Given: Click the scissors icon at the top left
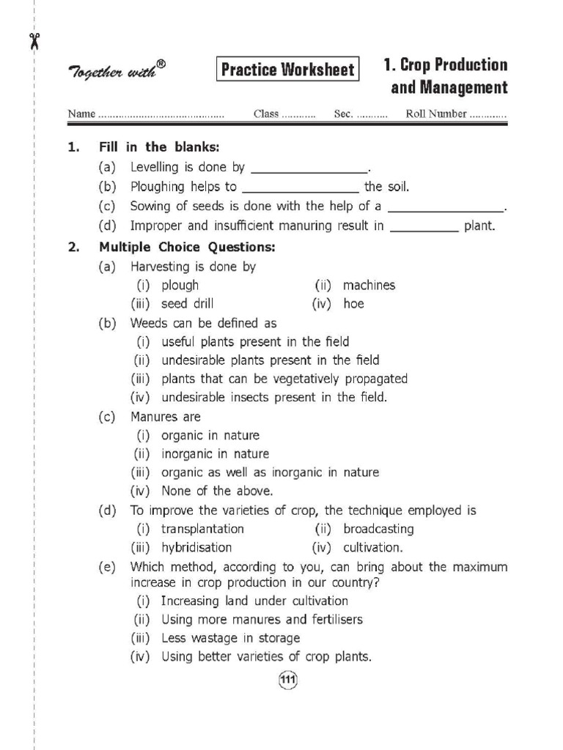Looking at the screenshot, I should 34,40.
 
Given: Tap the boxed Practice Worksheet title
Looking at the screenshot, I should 287,70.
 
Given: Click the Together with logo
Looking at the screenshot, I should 117,72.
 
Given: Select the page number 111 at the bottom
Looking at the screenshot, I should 287,681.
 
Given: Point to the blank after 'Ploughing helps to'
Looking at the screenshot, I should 300,187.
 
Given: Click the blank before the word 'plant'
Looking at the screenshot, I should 424,227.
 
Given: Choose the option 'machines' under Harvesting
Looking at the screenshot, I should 369,285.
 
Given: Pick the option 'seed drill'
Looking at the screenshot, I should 188,303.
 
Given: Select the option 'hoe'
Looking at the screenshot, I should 353,303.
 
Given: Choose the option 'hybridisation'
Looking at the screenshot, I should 196,547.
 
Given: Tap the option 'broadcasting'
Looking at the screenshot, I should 378,529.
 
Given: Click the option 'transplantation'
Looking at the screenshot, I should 202,529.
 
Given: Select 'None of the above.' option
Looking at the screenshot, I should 217,491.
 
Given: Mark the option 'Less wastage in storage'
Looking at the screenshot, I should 230,638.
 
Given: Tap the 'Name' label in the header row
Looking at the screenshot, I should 81,114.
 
